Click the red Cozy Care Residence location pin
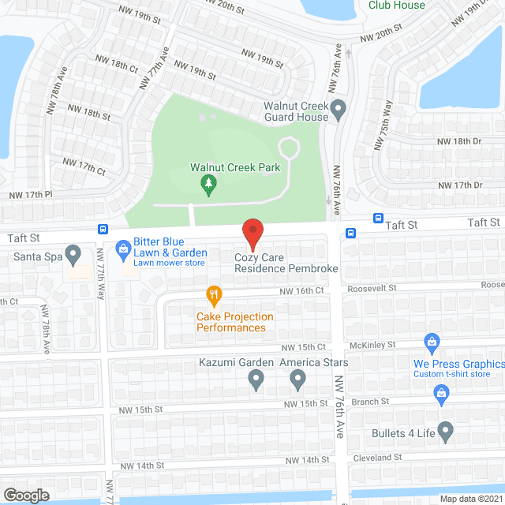coord(252,234)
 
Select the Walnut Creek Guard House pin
coord(339,110)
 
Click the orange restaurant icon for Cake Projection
coord(214,297)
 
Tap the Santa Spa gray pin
coord(73,254)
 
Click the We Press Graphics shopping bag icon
coord(432,342)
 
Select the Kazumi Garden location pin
coord(256,380)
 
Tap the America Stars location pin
coord(297,380)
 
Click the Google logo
coord(25,495)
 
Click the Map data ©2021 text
coord(471,499)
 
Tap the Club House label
coord(397,6)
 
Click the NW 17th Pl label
coord(29,194)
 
